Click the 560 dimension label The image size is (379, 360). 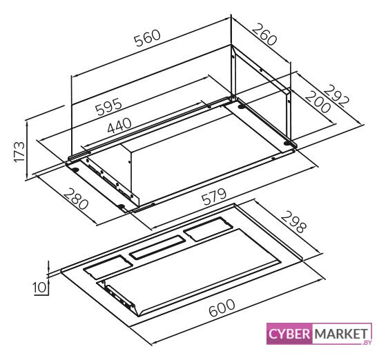[148, 38]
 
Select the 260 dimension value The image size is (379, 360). [264, 34]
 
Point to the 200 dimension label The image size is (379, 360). [318, 102]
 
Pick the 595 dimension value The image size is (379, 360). [108, 106]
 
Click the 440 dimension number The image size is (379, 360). [119, 126]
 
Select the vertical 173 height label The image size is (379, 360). [19, 152]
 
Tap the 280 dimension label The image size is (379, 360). [76, 199]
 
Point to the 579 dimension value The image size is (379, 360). [214, 197]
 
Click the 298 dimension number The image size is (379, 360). [293, 221]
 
